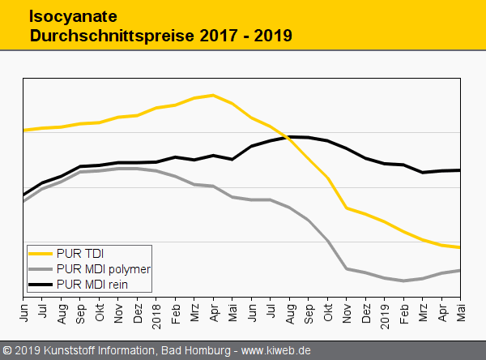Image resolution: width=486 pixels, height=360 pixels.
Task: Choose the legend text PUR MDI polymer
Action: coord(104,268)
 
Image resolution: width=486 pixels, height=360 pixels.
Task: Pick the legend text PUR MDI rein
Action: coord(92,284)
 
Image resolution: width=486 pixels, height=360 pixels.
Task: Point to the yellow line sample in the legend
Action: coord(40,253)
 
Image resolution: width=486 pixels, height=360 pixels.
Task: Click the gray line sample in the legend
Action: coord(40,268)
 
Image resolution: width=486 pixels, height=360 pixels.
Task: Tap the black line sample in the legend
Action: coord(40,284)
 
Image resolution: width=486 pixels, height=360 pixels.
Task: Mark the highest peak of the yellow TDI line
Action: coord(212,95)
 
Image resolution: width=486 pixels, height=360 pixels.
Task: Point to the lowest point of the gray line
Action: coord(403,281)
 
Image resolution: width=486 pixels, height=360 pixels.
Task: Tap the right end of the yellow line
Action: coord(460,247)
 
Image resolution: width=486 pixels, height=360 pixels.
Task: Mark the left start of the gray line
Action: coord(24,200)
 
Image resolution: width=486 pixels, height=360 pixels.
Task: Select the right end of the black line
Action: coord(460,170)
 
